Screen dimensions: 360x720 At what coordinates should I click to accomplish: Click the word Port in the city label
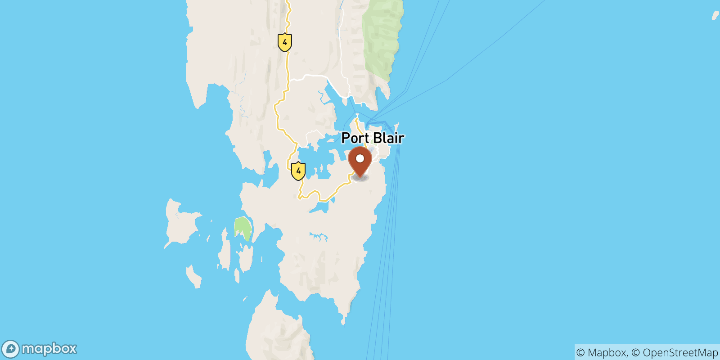(x=355, y=138)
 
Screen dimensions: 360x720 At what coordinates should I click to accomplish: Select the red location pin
(x=360, y=161)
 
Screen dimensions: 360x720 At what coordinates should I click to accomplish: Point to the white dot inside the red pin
(x=360, y=158)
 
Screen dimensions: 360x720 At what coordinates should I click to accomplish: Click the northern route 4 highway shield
(x=284, y=43)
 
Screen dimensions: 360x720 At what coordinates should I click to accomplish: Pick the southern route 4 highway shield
(x=298, y=171)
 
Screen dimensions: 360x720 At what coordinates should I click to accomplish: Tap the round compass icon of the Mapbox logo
(x=10, y=349)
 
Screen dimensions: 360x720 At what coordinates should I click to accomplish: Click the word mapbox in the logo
(x=49, y=349)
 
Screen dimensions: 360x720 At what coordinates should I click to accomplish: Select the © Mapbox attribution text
(x=601, y=352)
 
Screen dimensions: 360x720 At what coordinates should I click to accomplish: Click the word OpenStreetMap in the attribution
(x=680, y=352)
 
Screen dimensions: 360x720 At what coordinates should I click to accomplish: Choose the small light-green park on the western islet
(x=243, y=228)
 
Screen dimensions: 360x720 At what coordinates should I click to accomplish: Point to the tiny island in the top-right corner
(x=715, y=16)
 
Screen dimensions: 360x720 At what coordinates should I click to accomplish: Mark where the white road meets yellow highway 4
(x=289, y=81)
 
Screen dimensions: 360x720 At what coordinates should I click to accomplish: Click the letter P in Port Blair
(x=346, y=138)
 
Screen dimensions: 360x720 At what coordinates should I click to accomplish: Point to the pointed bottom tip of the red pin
(x=360, y=177)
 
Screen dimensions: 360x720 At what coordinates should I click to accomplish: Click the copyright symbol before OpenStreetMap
(x=635, y=352)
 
